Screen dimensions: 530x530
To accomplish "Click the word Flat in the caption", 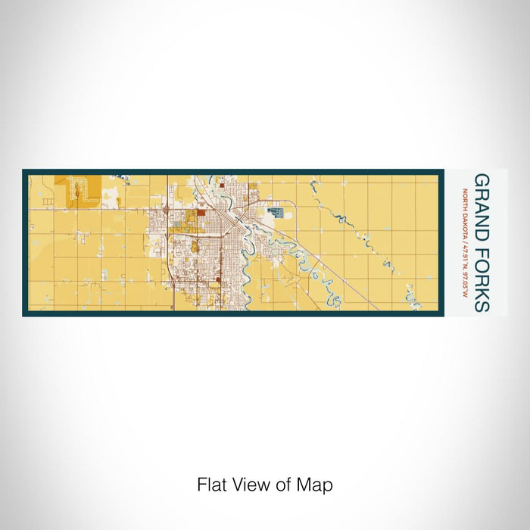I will pos(212,485).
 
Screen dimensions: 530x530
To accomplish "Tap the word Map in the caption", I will pos(318,485).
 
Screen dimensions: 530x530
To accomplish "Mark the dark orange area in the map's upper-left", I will pos(78,189).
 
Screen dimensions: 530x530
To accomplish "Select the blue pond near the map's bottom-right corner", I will pos(414,303).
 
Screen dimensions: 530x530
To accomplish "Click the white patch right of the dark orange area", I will pos(111,198).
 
